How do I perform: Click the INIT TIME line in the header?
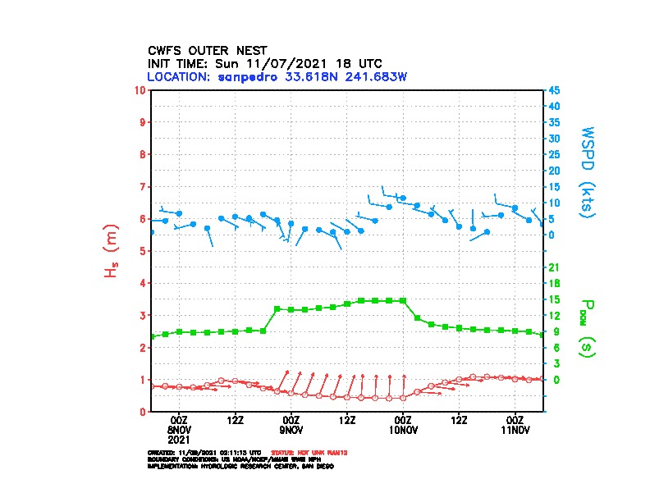pyautogui.click(x=264, y=63)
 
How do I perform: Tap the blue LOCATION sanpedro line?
pyautogui.click(x=277, y=76)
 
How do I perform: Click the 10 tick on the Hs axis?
pyautogui.click(x=141, y=89)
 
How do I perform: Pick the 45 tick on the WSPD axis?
pyautogui.click(x=554, y=89)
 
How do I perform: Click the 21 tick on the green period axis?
pyautogui.click(x=553, y=267)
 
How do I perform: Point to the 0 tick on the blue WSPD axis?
pyautogui.click(x=551, y=235)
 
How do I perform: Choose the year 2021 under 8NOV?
pyautogui.click(x=179, y=439)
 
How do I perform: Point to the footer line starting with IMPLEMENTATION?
pyautogui.click(x=240, y=466)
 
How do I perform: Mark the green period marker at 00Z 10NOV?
pyautogui.click(x=403, y=301)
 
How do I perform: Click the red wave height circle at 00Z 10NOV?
pyautogui.click(x=403, y=398)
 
